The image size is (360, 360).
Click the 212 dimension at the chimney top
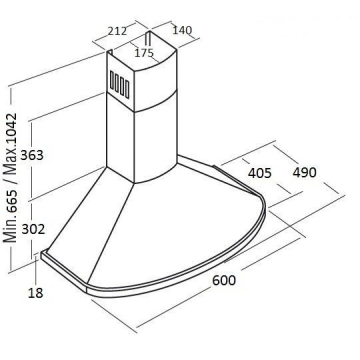tap(117, 31)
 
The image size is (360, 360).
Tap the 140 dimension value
tap(182, 30)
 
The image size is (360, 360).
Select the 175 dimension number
tap(143, 53)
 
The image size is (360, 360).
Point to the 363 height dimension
tap(32, 155)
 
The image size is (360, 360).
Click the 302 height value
tap(33, 229)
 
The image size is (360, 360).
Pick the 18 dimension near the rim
tap(35, 293)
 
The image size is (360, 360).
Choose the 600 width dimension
tap(224, 280)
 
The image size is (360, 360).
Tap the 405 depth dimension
tap(259, 173)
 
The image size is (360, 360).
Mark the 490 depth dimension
tap(304, 172)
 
